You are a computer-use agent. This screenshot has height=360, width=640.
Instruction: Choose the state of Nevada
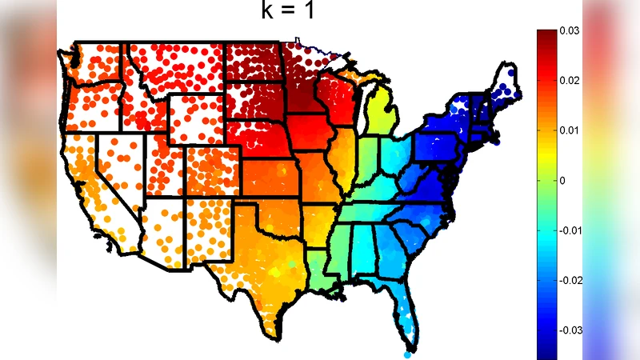pos(120,168)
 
